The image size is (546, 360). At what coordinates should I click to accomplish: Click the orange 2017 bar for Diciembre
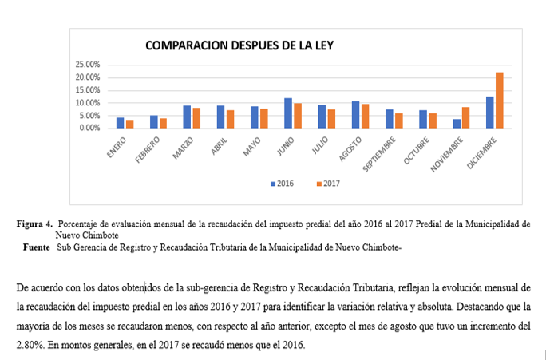500,100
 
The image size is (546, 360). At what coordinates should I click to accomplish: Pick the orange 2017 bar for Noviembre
466,117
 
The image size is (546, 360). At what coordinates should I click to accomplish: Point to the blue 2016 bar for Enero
120,123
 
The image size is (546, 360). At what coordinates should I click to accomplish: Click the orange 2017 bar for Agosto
365,116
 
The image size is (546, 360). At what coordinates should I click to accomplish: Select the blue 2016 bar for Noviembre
457,124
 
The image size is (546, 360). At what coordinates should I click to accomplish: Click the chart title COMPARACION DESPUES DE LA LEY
239,46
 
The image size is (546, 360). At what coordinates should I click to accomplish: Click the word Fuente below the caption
37,247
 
